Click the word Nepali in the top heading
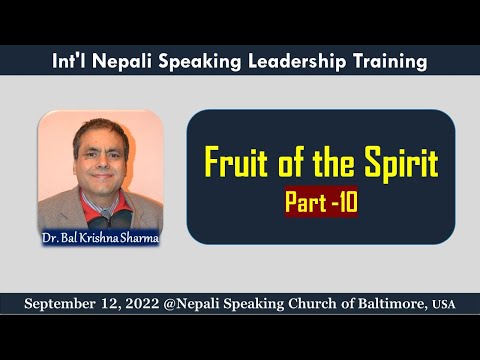(x=121, y=62)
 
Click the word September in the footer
(x=66, y=302)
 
